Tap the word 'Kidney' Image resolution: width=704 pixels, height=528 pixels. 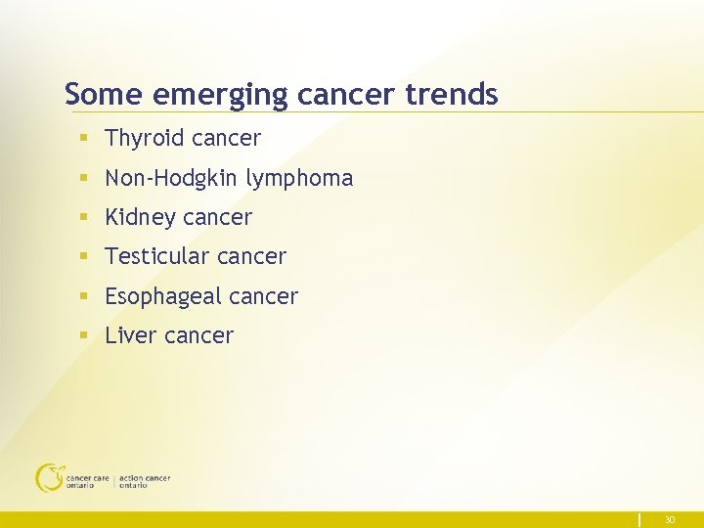pos(139,218)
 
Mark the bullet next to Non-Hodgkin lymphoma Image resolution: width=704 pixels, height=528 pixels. pos(86,179)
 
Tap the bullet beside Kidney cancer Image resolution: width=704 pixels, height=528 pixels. pos(86,218)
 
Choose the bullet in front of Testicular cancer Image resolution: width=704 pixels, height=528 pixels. pos(86,257)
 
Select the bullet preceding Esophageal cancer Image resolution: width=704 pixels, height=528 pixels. pos(86,296)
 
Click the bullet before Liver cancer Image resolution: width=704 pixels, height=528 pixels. pos(86,335)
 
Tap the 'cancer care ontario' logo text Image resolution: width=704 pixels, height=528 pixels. pos(87,481)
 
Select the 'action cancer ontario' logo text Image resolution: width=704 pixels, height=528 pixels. pos(144,481)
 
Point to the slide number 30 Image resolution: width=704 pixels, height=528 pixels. pos(670,519)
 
